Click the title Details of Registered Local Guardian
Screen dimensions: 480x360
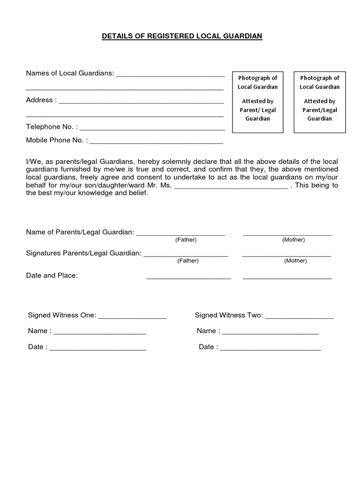coord(182,36)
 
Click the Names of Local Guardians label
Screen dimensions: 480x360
coord(70,73)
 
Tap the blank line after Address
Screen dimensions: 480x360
coord(141,100)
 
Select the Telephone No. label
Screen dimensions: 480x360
coord(52,127)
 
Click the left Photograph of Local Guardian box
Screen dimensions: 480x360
coord(257,102)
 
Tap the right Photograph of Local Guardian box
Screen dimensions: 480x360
coord(319,102)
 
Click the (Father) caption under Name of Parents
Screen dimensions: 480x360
coord(186,240)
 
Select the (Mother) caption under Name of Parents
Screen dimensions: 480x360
coord(293,240)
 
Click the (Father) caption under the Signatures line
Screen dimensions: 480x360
coord(187,261)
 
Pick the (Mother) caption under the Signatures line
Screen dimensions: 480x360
coord(295,261)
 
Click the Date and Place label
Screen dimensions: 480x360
coord(52,276)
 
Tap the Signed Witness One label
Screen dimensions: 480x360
coord(62,315)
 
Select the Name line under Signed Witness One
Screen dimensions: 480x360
coord(100,332)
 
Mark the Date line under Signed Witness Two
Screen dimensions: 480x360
coord(270,348)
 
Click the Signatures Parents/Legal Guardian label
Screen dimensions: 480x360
coord(83,254)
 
